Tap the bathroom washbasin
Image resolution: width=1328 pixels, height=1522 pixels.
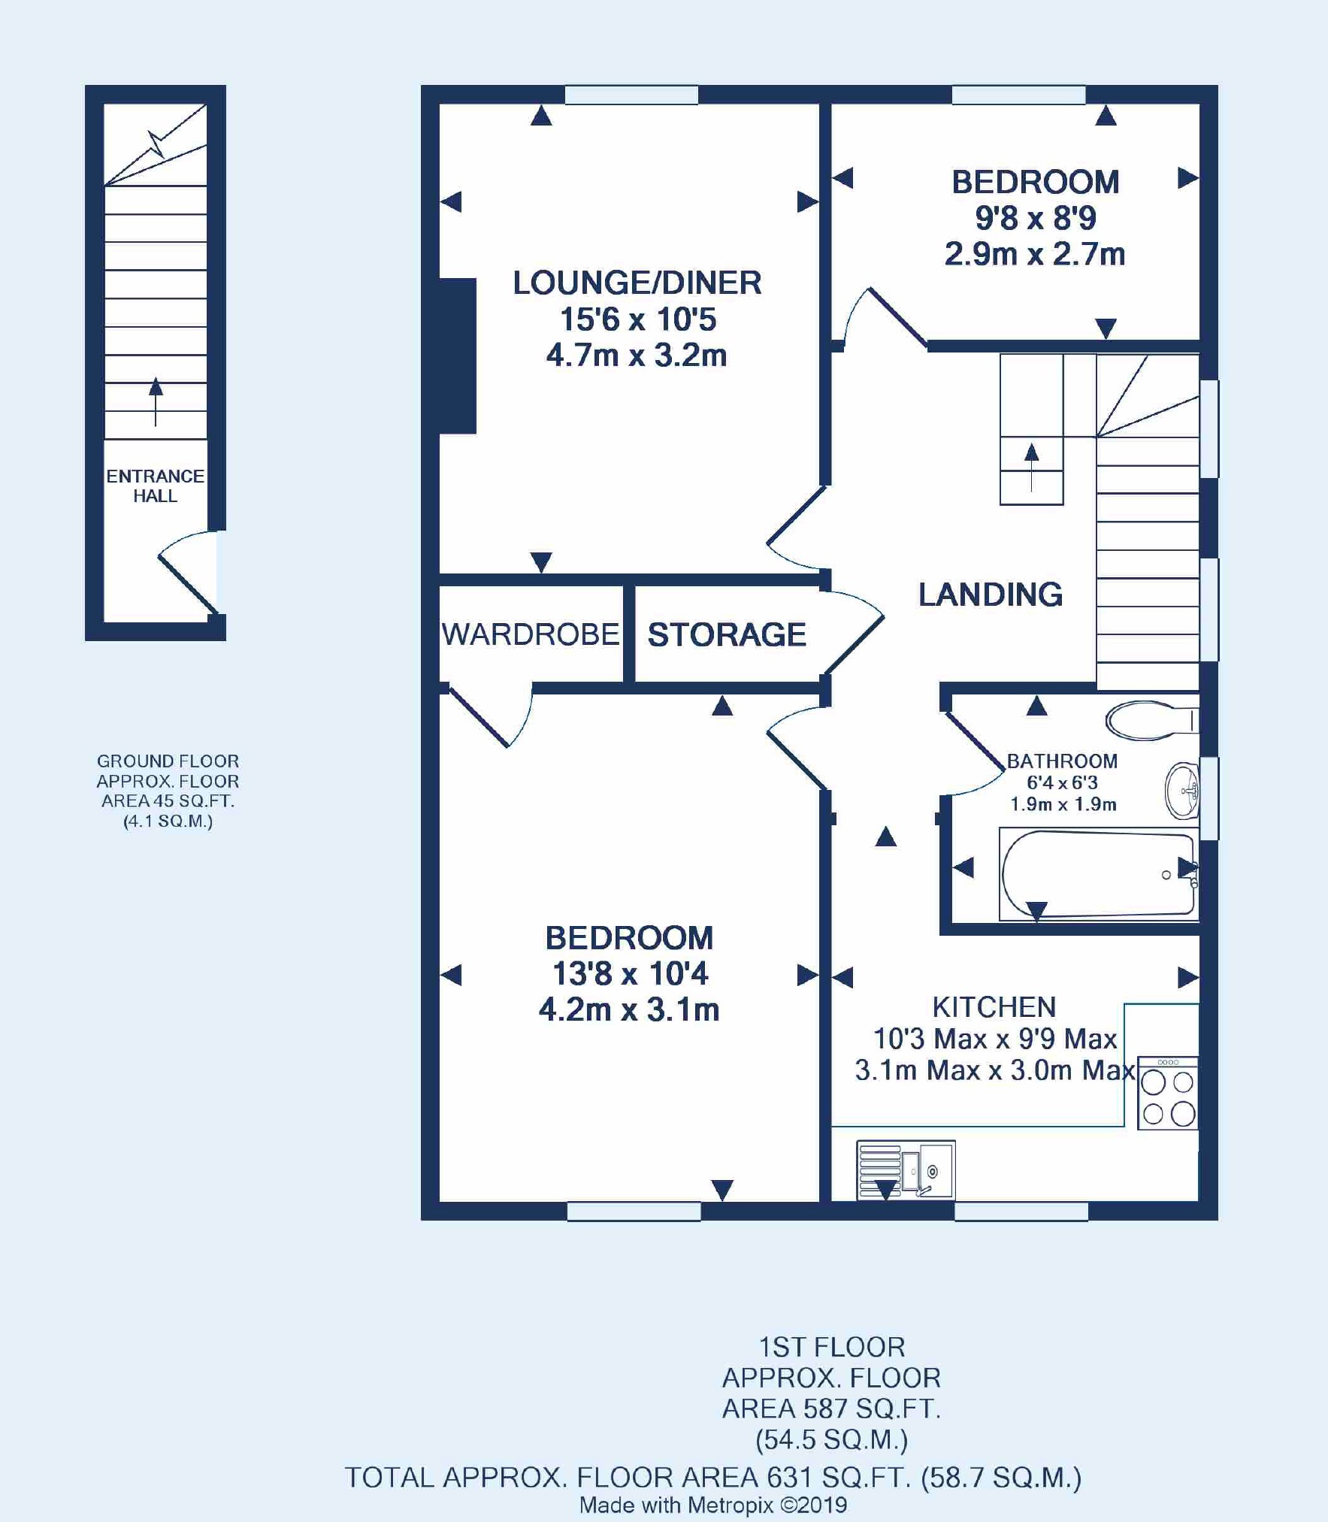(1182, 791)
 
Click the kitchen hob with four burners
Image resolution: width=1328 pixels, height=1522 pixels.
(1168, 1094)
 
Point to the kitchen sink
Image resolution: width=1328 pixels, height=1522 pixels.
(906, 1170)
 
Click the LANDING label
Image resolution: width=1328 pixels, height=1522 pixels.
(991, 595)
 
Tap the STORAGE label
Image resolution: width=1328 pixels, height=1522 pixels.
(727, 635)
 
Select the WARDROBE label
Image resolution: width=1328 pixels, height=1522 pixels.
(531, 635)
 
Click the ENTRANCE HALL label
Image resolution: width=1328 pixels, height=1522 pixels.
(155, 486)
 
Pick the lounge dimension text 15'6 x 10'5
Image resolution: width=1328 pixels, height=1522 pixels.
(638, 319)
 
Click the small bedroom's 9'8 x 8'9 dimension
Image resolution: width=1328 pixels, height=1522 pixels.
(1036, 218)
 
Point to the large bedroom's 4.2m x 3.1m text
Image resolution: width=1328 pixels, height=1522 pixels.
(629, 1009)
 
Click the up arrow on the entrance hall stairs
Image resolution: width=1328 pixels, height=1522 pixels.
(156, 401)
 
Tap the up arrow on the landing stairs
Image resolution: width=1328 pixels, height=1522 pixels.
(1032, 467)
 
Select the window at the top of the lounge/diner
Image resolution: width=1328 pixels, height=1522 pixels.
(631, 95)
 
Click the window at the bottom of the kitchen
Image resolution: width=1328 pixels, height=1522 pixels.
(1021, 1211)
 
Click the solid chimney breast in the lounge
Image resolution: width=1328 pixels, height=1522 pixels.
(457, 356)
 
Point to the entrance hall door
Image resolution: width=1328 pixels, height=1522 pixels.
(188, 573)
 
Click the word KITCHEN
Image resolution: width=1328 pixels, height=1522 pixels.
(994, 1007)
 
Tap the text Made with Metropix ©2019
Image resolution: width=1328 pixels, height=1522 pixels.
(713, 1505)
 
